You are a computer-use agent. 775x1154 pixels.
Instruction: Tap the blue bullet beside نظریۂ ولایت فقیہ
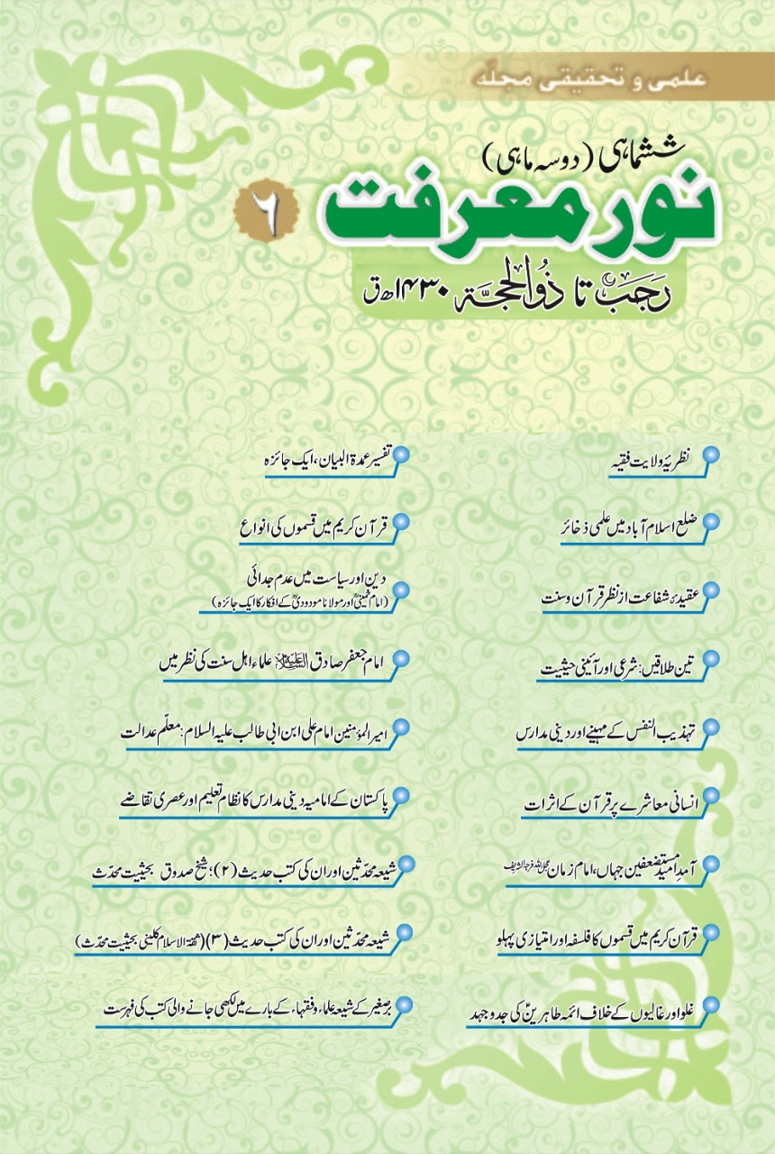(712, 455)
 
